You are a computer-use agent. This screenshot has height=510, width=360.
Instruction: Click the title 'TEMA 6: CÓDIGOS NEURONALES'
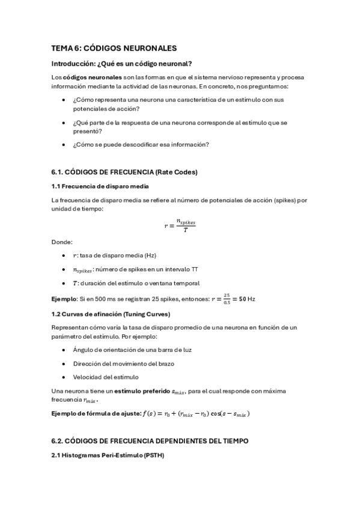click(114, 48)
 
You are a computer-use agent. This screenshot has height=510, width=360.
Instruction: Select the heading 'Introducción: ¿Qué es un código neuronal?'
click(121, 64)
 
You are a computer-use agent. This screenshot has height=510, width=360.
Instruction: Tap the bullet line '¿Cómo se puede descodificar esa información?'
click(141, 144)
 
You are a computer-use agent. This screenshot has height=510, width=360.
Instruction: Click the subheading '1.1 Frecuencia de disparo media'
click(100, 186)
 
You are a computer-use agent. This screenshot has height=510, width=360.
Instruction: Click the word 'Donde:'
click(62, 242)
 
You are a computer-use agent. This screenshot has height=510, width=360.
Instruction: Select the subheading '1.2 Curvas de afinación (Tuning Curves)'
click(111, 314)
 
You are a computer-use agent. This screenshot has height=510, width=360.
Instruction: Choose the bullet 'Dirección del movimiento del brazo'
click(124, 363)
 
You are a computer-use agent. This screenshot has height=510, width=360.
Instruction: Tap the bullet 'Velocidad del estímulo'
click(106, 377)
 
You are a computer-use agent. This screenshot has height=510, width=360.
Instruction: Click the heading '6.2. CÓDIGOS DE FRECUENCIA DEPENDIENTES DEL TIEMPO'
click(150, 441)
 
